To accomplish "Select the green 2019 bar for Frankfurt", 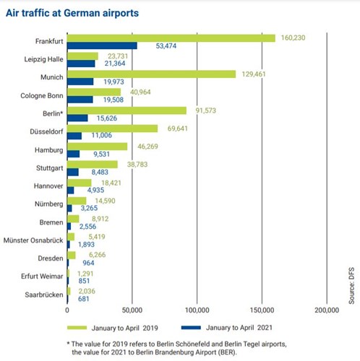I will click(171, 38).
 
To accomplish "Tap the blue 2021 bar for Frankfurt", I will click(102, 45).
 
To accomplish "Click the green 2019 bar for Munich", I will click(151, 74).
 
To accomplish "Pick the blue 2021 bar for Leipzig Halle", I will click(81, 64).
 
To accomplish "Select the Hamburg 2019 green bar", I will click(97, 146).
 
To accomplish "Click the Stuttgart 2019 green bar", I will click(92, 164).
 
